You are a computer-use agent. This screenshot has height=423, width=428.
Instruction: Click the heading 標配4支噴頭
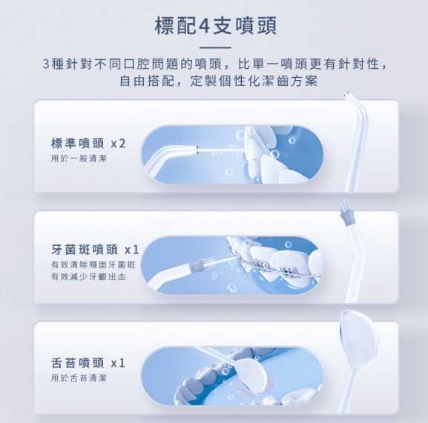pyautogui.click(x=216, y=26)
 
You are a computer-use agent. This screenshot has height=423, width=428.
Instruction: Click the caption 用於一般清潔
pyautogui.click(x=79, y=159)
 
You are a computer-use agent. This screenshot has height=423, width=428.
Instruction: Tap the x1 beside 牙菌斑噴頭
pyautogui.click(x=132, y=250)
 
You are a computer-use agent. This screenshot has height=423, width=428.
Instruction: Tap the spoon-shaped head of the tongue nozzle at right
pyautogui.click(x=358, y=339)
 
